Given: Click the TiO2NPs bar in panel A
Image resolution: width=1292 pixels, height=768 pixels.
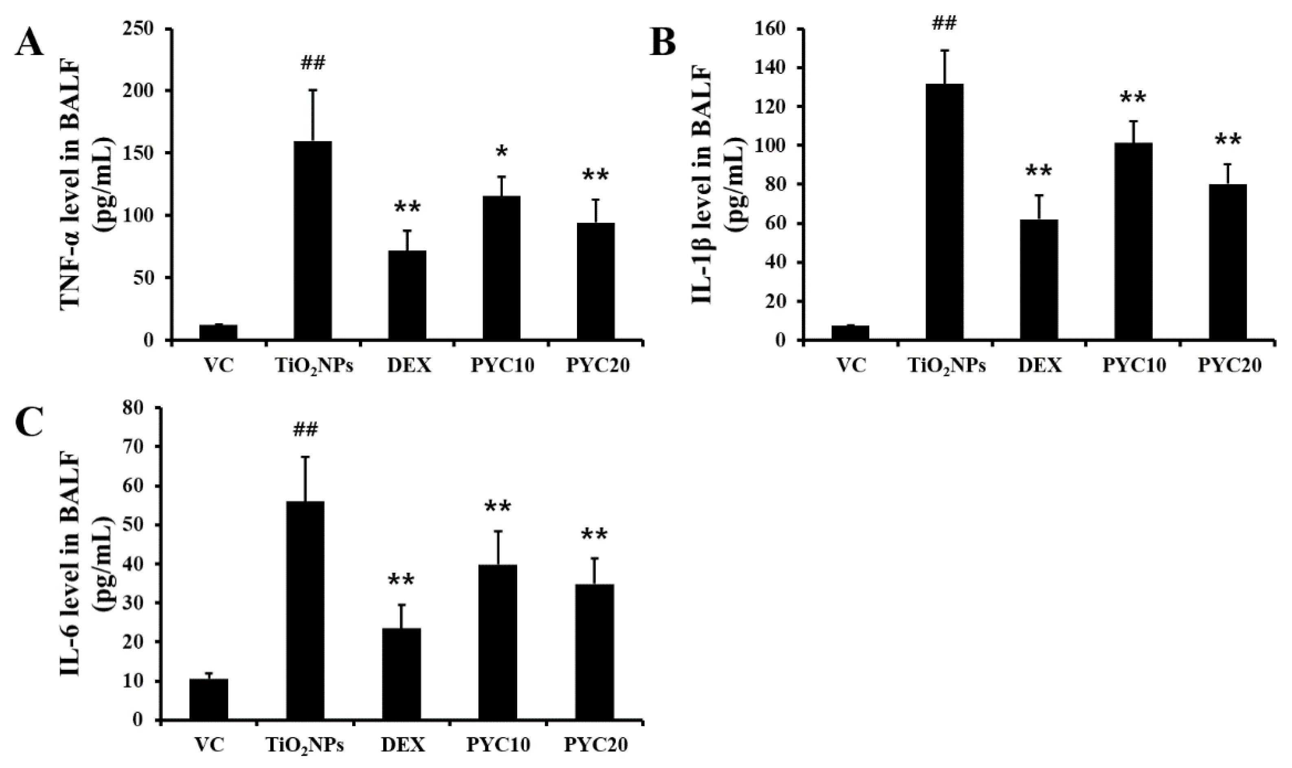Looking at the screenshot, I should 313,241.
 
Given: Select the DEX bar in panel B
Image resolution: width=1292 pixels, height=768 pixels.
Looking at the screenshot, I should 1038,279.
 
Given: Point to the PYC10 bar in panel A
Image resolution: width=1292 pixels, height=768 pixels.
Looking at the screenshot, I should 501,268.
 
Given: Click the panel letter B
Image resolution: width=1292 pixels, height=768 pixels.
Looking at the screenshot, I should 663,42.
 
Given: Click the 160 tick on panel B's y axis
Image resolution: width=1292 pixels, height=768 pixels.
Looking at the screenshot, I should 772,29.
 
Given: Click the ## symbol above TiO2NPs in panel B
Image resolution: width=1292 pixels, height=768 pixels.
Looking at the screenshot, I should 944,23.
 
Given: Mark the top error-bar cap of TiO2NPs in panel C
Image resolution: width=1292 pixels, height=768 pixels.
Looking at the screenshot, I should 305,457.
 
